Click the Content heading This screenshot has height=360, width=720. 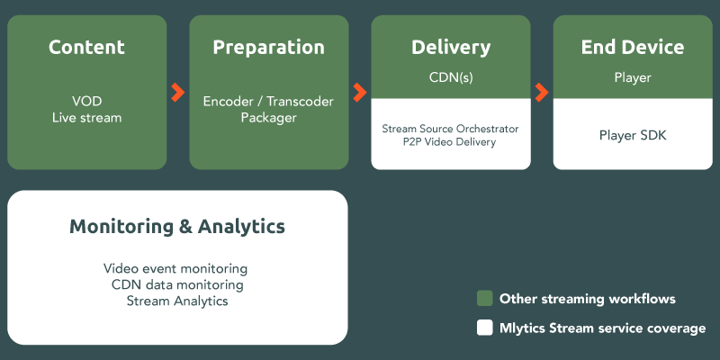point(86,48)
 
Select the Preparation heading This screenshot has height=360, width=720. point(268,48)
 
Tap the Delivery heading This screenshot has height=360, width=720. point(451,48)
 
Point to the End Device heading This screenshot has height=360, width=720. point(632,48)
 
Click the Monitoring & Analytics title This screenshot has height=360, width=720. point(177,227)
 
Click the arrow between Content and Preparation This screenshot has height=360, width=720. point(177,92)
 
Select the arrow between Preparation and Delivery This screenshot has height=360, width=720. point(360,92)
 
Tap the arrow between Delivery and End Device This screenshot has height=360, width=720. point(542,92)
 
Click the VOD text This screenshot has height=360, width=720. point(86,102)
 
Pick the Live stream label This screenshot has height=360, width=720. point(86,118)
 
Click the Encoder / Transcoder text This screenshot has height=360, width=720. point(268,102)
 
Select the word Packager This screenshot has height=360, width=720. point(268,118)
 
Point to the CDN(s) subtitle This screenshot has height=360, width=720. point(451,77)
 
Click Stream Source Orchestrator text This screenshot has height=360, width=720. point(451,129)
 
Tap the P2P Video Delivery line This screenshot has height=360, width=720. point(451,142)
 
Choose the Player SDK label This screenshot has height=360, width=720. point(632,136)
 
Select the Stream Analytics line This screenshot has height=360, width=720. point(176,301)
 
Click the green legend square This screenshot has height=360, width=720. point(484,299)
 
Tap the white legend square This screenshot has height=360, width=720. point(484,328)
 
